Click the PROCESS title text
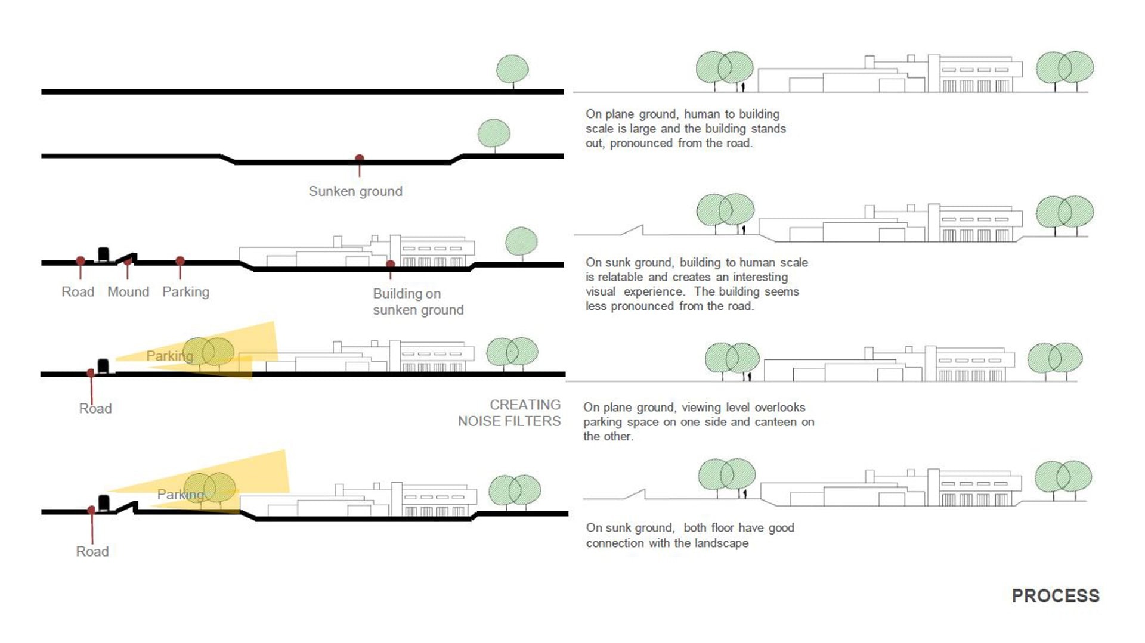pyautogui.click(x=1055, y=595)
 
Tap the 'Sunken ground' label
pyautogui.click(x=355, y=191)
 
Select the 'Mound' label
pyautogui.click(x=128, y=291)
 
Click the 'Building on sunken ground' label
pyautogui.click(x=418, y=302)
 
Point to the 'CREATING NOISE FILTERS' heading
pyautogui.click(x=509, y=413)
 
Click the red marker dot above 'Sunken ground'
pyautogui.click(x=360, y=159)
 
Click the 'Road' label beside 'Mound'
pyautogui.click(x=78, y=291)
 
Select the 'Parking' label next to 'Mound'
pyautogui.click(x=185, y=292)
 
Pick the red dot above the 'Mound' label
pyautogui.click(x=128, y=261)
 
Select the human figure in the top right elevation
pyautogui.click(x=743, y=87)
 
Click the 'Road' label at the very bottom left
pyautogui.click(x=92, y=551)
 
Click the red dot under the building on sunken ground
pyautogui.click(x=391, y=264)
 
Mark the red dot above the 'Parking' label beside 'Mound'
pyautogui.click(x=180, y=261)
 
